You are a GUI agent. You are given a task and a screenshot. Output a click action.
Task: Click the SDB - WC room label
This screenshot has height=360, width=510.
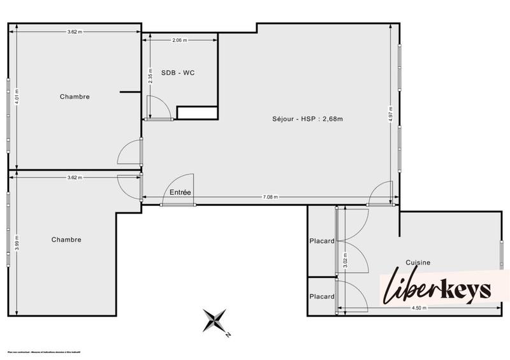coord(178,73)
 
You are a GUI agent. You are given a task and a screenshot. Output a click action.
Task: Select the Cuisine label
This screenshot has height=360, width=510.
coord(418,262)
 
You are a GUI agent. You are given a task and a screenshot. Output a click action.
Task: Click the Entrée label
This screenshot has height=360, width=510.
coord(180,192)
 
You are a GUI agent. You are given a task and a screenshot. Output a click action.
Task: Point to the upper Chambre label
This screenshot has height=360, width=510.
coord(75,97)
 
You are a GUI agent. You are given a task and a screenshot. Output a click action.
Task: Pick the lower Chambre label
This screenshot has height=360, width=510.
coord(66,240)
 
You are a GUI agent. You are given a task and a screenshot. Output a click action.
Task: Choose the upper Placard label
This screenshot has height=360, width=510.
coord(322,241)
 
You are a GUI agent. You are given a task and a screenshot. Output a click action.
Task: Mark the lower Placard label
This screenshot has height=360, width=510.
coord(322,297)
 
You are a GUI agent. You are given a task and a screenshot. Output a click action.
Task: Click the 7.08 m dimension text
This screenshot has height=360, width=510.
coord(271,198)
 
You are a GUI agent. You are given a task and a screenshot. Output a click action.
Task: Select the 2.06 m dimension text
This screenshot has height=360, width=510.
coord(180,40)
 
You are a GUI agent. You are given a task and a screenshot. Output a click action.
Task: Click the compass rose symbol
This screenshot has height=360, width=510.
coord(215,319)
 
